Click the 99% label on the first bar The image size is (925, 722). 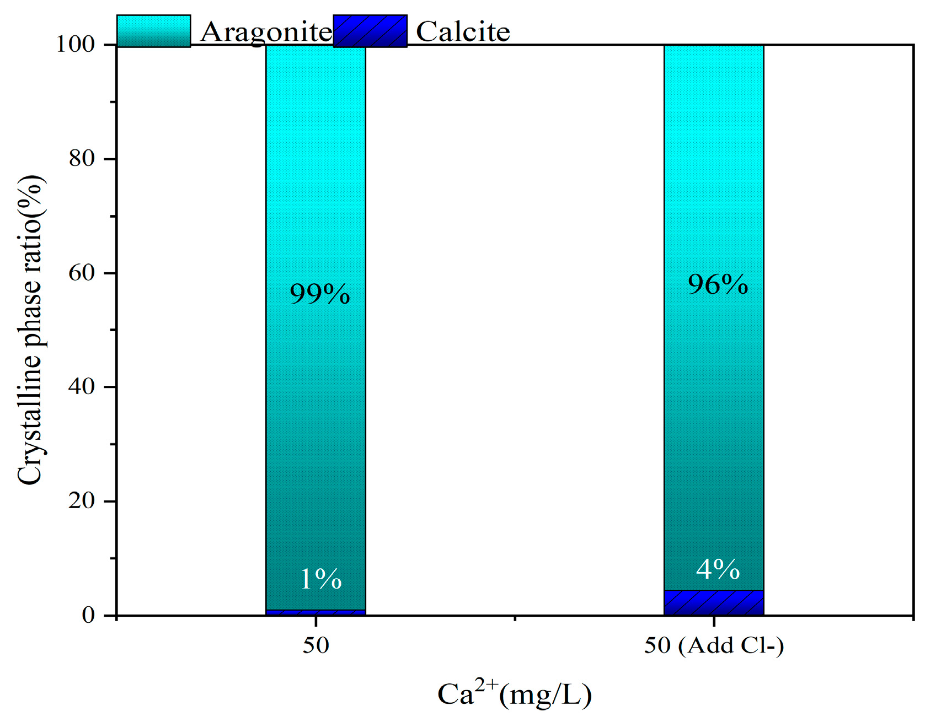tap(320, 294)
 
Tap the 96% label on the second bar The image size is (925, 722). tap(718, 285)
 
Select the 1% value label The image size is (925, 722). tap(320, 579)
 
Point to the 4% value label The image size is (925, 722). tap(718, 569)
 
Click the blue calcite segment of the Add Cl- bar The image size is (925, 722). tap(714, 603)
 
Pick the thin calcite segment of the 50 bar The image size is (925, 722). tap(316, 612)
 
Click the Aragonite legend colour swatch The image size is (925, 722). tap(154, 31)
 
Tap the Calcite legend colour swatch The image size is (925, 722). tap(370, 31)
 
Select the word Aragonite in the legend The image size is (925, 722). tap(266, 32)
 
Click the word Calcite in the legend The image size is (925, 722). tap(463, 32)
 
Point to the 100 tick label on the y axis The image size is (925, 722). tap(76, 44)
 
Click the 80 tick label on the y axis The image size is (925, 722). tap(82, 159)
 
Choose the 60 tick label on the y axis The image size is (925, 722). tap(82, 273)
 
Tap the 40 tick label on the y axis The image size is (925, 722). tap(82, 387)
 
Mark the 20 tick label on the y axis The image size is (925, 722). tap(82, 501)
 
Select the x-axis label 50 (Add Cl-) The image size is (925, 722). tap(714, 645)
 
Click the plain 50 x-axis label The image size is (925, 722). tap(316, 645)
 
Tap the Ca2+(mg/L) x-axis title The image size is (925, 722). tap(514, 693)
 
